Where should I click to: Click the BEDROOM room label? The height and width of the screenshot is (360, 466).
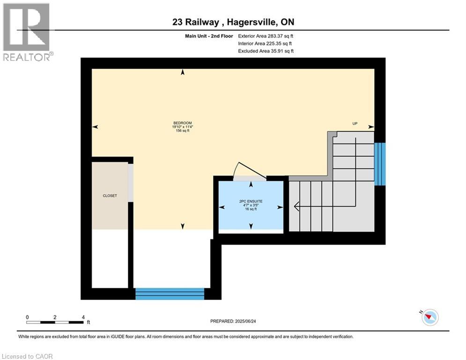183,123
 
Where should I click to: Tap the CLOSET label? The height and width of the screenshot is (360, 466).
110,195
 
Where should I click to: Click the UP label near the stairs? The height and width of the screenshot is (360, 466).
355,123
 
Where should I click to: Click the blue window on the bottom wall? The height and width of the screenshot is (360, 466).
170,293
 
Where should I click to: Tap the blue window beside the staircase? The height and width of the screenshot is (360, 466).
380,164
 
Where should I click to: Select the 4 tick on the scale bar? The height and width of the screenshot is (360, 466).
83,317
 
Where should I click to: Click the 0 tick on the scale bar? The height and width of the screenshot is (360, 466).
27,317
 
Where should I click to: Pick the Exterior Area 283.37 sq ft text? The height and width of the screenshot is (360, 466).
266,36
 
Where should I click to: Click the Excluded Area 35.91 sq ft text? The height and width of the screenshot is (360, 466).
266,51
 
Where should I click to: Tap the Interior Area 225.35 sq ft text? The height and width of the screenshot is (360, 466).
266,44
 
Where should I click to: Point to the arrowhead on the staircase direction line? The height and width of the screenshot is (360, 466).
296,205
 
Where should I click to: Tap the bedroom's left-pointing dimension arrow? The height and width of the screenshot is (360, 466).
95,127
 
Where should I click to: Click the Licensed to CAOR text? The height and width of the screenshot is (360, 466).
27,356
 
